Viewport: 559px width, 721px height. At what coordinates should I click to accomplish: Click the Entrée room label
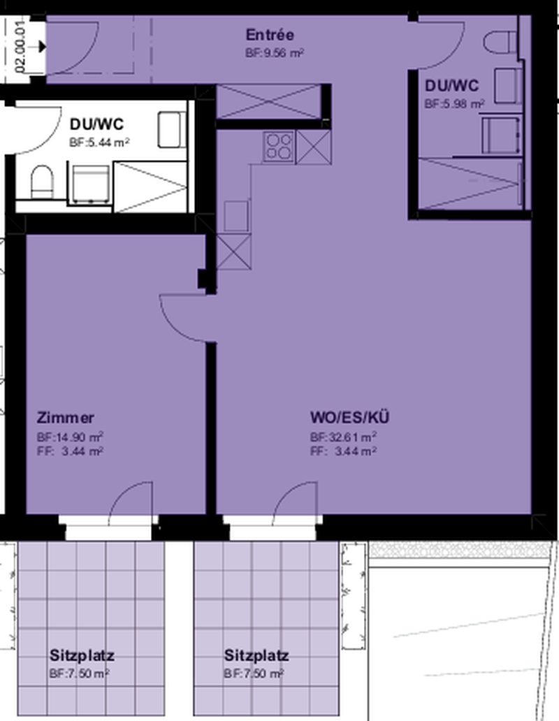[x=270, y=34]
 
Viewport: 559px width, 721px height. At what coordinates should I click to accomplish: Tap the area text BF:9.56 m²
[x=275, y=52]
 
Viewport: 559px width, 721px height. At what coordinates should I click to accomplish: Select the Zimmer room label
[x=65, y=418]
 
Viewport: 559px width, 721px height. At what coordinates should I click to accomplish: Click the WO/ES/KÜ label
[x=350, y=417]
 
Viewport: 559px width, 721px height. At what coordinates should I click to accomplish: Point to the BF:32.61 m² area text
[x=343, y=437]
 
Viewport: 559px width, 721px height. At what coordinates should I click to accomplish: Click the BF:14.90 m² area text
[x=70, y=437]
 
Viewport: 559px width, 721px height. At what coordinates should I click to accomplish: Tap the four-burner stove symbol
[x=278, y=147]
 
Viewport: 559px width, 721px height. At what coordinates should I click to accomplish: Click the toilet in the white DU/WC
[x=42, y=182]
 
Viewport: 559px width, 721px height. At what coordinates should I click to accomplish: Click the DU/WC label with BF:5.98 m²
[x=451, y=85]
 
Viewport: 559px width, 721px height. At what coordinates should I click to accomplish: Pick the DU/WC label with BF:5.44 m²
[x=96, y=124]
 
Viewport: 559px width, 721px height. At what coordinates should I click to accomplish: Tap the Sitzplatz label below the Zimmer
[x=82, y=655]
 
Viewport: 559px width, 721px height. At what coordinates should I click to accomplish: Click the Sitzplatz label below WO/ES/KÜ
[x=256, y=655]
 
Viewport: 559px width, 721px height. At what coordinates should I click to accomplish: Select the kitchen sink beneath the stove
[x=236, y=216]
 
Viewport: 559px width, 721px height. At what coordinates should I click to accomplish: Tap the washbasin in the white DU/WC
[x=171, y=129]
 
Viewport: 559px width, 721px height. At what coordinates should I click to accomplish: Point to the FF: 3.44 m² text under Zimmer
[x=70, y=451]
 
